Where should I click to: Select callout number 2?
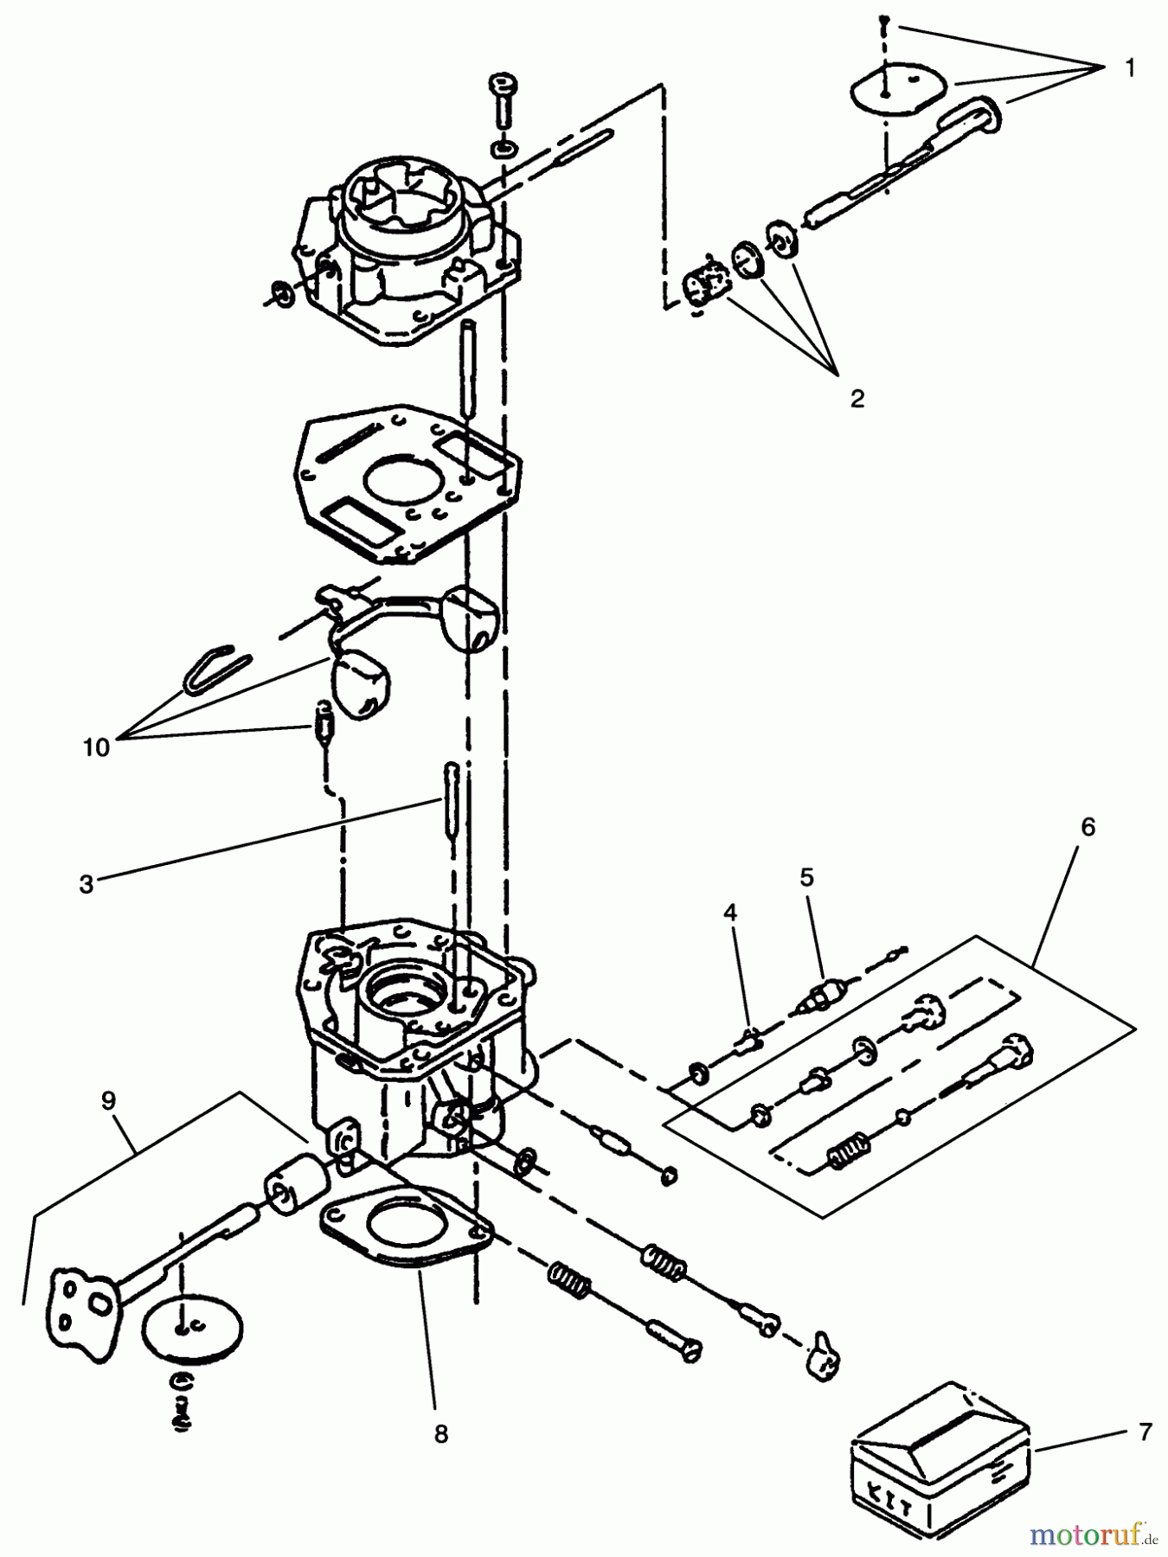tap(856, 399)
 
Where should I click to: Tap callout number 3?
tap(86, 886)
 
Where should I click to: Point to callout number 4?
tap(731, 912)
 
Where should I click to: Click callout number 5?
tap(806, 877)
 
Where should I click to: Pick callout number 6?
tap(1088, 827)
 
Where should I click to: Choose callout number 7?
tap(1145, 1432)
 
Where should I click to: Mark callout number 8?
tap(441, 1433)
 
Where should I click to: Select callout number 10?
tap(97, 746)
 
